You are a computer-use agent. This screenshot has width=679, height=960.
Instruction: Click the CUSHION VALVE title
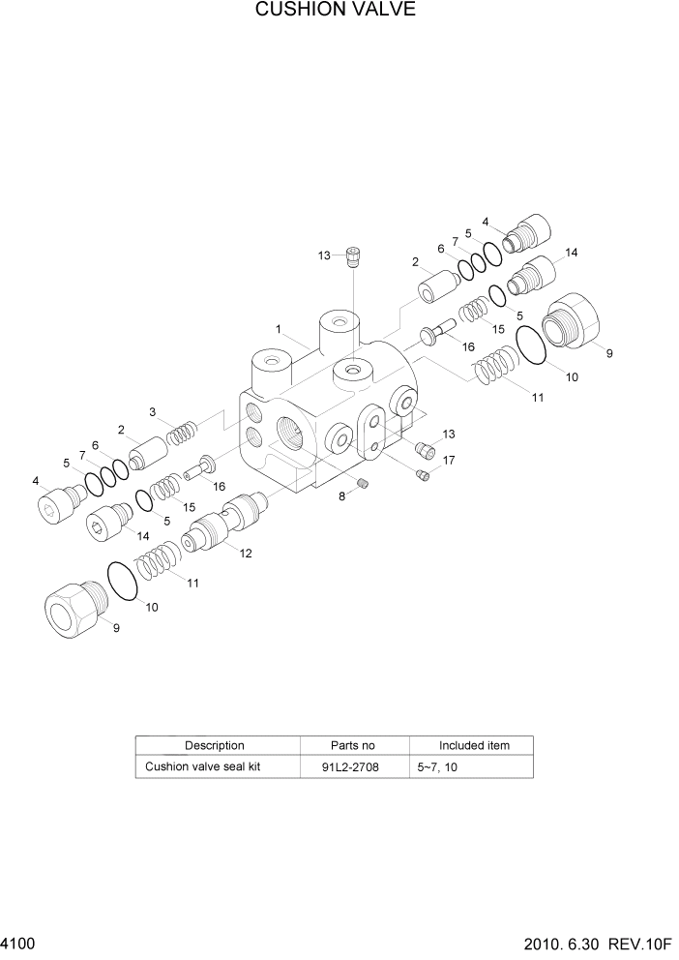tap(336, 12)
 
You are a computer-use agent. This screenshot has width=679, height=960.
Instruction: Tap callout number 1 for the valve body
tap(278, 329)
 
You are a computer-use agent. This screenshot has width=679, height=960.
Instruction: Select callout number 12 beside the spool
tap(246, 554)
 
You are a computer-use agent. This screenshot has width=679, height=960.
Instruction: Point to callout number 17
tap(449, 461)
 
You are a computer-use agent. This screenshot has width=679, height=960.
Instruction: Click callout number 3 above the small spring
tap(152, 413)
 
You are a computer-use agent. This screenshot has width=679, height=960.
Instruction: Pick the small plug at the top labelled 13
tap(354, 255)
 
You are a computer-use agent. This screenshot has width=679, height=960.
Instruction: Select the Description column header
tap(214, 746)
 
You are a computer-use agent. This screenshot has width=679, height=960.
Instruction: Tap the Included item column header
tap(474, 746)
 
